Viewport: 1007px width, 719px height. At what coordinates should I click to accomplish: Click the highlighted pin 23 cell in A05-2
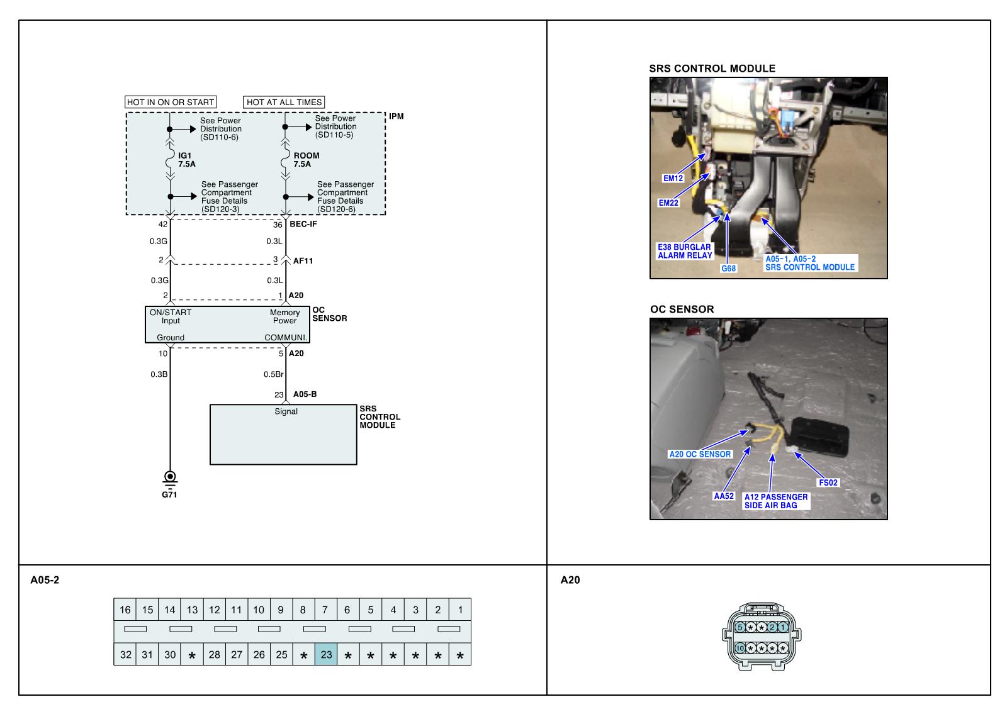coord(326,655)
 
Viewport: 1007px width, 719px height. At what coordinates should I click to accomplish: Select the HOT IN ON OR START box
coord(171,102)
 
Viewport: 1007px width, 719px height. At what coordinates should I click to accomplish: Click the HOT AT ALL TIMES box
coord(284,102)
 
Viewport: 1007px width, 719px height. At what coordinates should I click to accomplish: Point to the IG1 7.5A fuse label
coord(187,160)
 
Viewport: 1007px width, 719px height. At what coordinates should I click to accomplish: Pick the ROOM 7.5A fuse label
coord(306,160)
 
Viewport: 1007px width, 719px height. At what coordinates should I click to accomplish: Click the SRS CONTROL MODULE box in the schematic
coord(283,434)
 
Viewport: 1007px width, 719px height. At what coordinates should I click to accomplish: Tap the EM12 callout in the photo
coord(673,178)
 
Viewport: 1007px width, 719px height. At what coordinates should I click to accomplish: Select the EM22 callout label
coord(668,203)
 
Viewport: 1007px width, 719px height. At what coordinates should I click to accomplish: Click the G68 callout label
coord(728,269)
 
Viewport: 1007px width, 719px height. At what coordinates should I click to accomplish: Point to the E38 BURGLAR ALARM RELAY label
coord(685,252)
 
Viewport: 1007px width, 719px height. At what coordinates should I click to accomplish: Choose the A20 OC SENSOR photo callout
coord(699,454)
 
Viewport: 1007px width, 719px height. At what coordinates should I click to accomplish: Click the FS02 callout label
coord(828,483)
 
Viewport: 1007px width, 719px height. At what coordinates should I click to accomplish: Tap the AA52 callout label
coord(724,496)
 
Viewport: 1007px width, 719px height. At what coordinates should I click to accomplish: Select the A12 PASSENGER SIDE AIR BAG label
coord(775,501)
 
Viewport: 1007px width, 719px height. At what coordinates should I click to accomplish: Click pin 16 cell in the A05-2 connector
coord(125,610)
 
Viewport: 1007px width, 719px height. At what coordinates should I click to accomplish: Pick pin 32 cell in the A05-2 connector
coord(125,655)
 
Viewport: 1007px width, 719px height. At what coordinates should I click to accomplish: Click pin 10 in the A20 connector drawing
coord(740,647)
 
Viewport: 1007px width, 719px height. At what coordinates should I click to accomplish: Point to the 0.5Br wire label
coord(273,374)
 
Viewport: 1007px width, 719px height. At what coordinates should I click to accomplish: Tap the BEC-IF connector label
coord(303,224)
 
